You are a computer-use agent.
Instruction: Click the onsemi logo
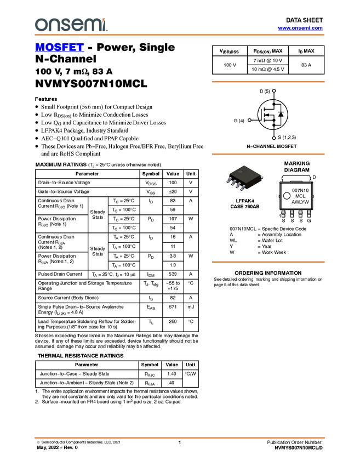71,25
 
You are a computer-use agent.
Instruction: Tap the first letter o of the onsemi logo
40,25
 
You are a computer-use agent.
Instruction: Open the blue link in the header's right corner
300,28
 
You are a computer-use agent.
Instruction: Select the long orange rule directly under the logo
180,35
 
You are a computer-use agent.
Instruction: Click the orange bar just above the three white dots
268,82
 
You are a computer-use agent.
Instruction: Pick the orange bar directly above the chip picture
268,154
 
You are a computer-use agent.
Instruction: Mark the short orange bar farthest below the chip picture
268,262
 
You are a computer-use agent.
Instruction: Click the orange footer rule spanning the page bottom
180,438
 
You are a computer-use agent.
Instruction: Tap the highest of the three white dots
273,90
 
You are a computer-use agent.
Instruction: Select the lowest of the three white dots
273,138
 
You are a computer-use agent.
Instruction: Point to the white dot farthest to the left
249,120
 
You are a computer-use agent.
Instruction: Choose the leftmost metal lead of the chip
229,180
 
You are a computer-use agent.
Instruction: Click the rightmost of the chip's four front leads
242,189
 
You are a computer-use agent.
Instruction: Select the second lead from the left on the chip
233,183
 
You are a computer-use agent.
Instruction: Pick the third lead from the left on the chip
238,186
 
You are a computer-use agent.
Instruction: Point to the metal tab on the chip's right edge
262,177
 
